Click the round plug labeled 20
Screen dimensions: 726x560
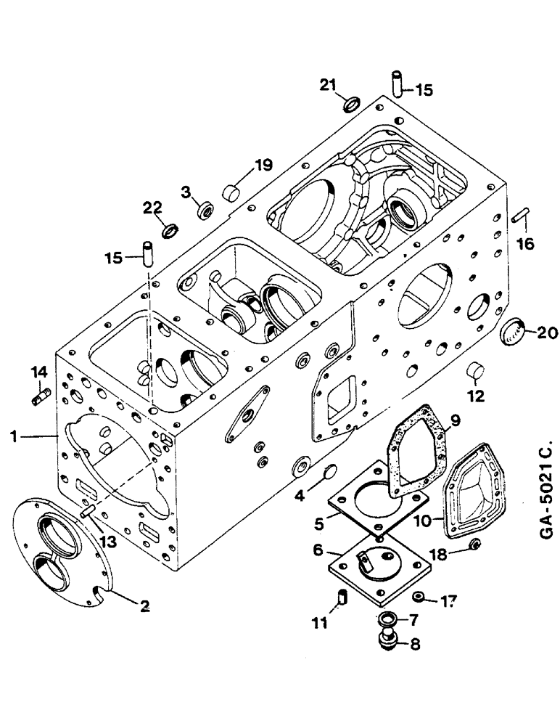[513, 333]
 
